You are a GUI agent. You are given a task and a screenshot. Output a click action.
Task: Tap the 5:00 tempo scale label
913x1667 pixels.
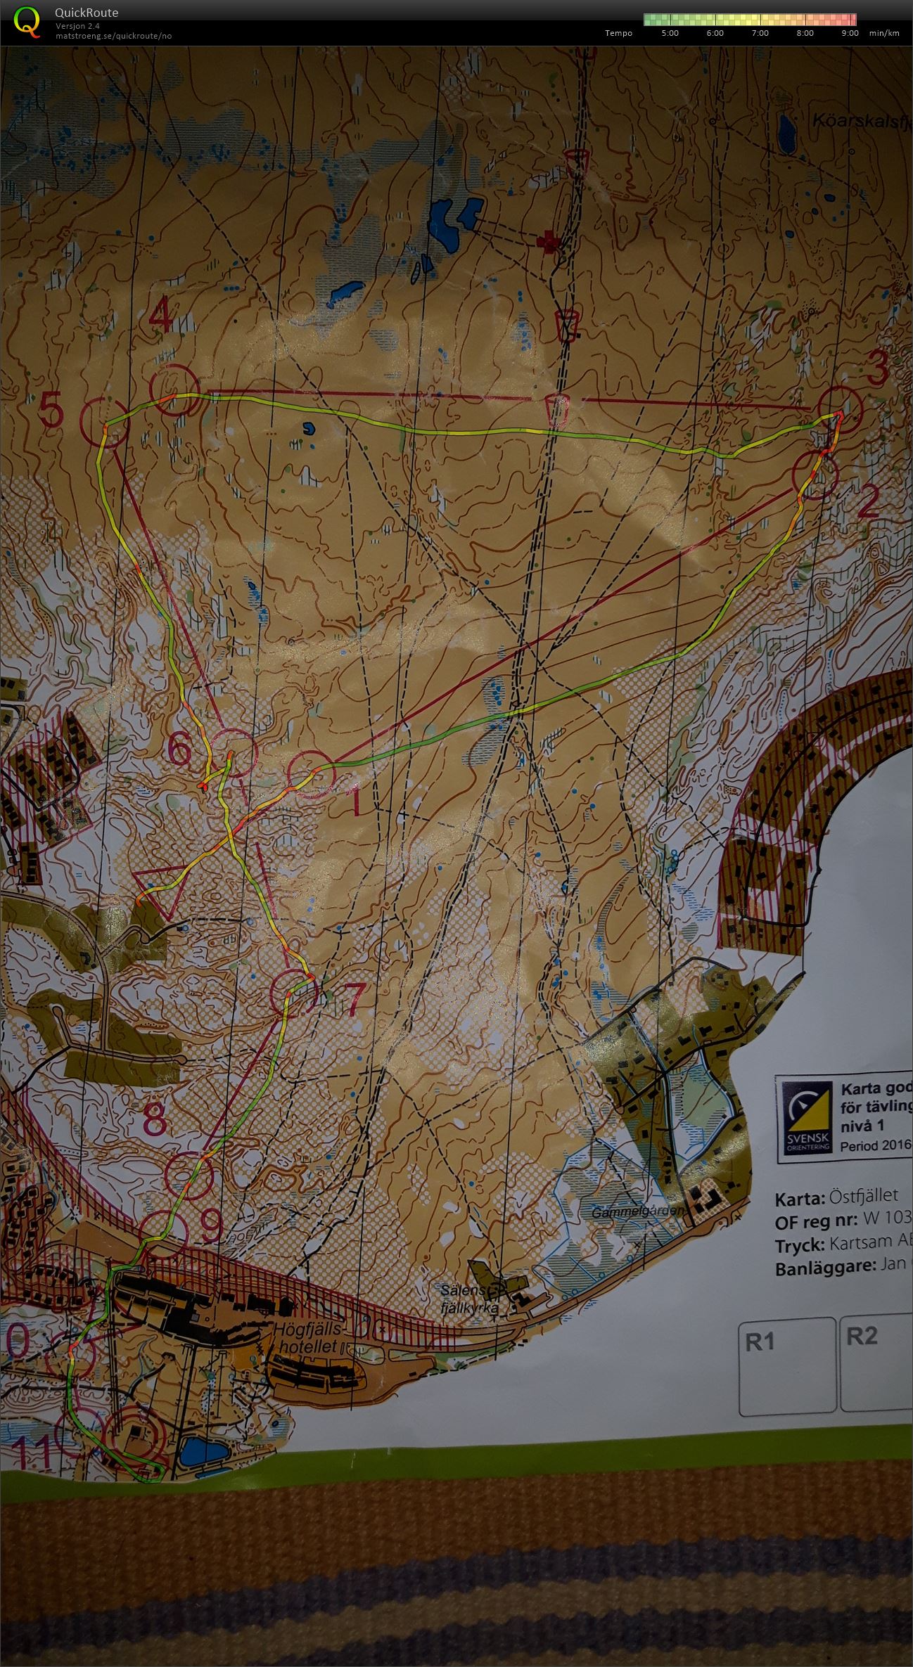coord(670,33)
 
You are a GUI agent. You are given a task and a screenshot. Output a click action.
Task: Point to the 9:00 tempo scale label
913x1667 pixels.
coord(849,33)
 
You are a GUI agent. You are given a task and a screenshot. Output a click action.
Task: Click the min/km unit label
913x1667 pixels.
coord(884,33)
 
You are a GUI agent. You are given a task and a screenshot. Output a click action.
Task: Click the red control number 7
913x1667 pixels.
coord(353,996)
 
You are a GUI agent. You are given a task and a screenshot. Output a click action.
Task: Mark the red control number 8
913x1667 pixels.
coord(155,1120)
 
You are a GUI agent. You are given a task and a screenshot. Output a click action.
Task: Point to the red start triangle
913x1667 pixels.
coord(159,891)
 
